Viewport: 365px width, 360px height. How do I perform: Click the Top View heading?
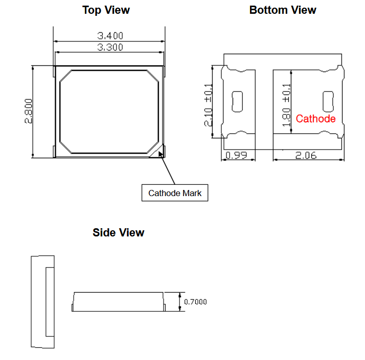tap(106, 10)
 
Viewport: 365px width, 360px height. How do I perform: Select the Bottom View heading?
tap(283, 10)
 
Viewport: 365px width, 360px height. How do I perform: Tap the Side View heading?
tap(119, 232)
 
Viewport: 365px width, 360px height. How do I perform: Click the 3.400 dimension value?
tap(110, 36)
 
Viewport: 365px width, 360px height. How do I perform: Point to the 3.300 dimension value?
tap(110, 47)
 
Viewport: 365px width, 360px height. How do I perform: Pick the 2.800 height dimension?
tap(29, 111)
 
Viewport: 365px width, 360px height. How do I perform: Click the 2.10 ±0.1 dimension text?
tap(208, 105)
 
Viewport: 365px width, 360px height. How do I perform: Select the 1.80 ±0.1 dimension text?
tap(287, 105)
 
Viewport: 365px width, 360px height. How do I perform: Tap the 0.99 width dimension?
tap(236, 155)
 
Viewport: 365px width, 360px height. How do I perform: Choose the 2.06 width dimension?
tap(306, 155)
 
